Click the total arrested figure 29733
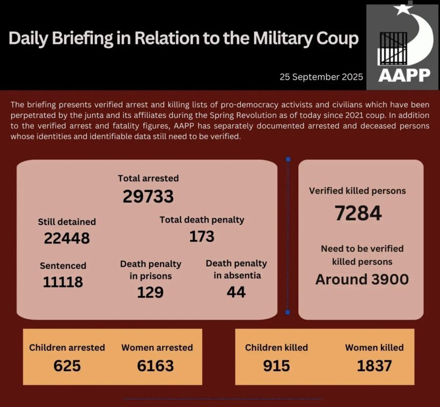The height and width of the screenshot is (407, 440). (x=148, y=196)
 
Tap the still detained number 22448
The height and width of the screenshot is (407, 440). (x=67, y=238)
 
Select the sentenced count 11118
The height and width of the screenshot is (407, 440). (x=63, y=282)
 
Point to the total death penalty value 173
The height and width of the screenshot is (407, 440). (x=202, y=236)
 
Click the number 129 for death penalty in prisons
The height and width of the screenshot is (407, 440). (x=150, y=292)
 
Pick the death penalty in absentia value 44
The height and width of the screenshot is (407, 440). (x=236, y=292)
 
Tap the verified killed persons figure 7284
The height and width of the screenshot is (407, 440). (x=358, y=213)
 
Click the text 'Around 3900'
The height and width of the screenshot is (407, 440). (x=362, y=279)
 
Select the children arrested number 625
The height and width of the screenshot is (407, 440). (x=67, y=366)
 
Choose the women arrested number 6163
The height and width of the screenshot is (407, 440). (x=156, y=366)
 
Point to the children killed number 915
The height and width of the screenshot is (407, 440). (x=276, y=366)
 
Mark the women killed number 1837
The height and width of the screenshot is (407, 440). (x=374, y=366)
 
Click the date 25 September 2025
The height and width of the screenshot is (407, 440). (x=321, y=77)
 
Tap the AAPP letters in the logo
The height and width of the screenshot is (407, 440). (x=404, y=75)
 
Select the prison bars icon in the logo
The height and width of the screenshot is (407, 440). (x=393, y=48)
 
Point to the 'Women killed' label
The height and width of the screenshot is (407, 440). (x=374, y=347)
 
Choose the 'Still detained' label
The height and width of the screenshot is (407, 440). (x=67, y=221)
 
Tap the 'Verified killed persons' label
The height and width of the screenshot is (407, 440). (x=357, y=190)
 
